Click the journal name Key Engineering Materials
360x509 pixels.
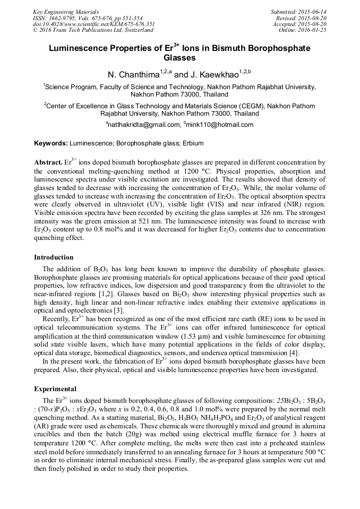click(x=66, y=11)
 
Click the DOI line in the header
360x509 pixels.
click(x=94, y=24)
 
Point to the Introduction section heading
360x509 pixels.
click(x=54, y=257)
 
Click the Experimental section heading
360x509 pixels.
click(x=55, y=389)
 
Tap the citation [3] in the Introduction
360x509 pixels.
click(x=119, y=309)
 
